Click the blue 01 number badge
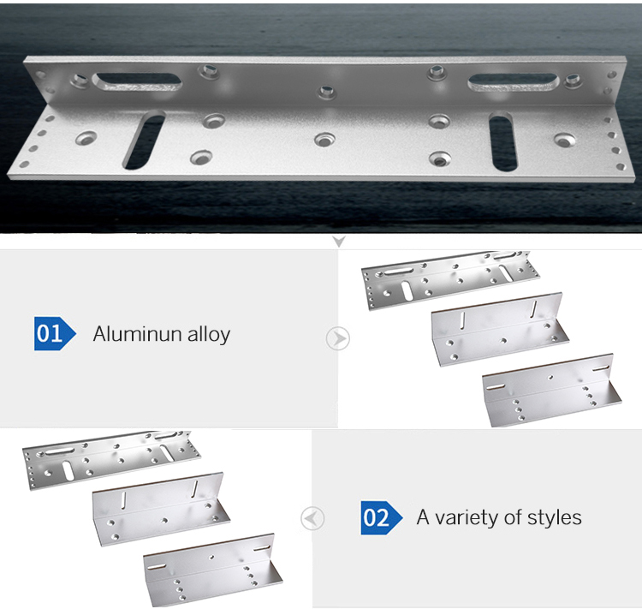click(51, 333)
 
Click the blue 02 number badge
click(376, 517)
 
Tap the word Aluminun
click(134, 333)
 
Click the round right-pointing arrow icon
click(338, 338)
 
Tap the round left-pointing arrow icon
click(313, 518)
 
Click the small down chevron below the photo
click(338, 242)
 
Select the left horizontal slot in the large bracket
click(138, 82)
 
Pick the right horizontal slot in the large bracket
click(513, 82)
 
